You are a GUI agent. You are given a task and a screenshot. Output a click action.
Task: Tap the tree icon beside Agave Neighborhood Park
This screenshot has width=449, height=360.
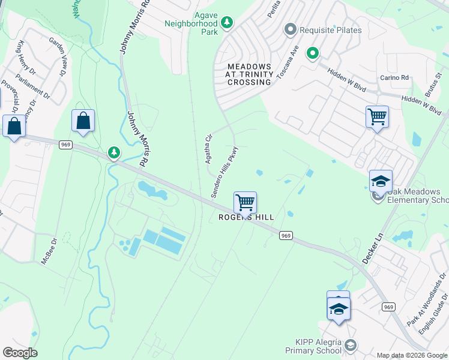227,23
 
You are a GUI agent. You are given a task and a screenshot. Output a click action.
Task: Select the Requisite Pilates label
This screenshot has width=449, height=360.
332,29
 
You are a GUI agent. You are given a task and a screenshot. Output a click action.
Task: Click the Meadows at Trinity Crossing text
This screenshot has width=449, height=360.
249,74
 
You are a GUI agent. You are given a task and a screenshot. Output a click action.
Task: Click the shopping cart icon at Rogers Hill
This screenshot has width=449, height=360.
245,203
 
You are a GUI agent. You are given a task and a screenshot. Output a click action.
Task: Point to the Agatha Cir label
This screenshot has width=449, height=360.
209,149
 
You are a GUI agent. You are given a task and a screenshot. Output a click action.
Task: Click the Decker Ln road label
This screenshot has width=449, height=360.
372,245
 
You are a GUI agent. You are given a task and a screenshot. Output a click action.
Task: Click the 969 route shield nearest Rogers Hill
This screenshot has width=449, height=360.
286,236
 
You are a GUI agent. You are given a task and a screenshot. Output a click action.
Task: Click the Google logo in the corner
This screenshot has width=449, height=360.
20,352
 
